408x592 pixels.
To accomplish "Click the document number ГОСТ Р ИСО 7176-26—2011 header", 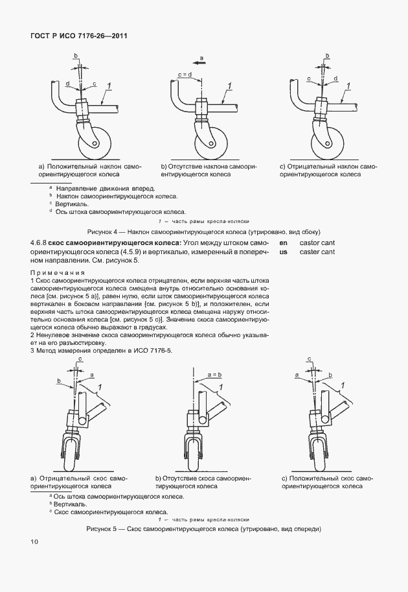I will click(78, 36).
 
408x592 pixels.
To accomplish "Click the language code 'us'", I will click(283, 252).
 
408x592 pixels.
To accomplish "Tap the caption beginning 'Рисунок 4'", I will click(204, 231).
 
